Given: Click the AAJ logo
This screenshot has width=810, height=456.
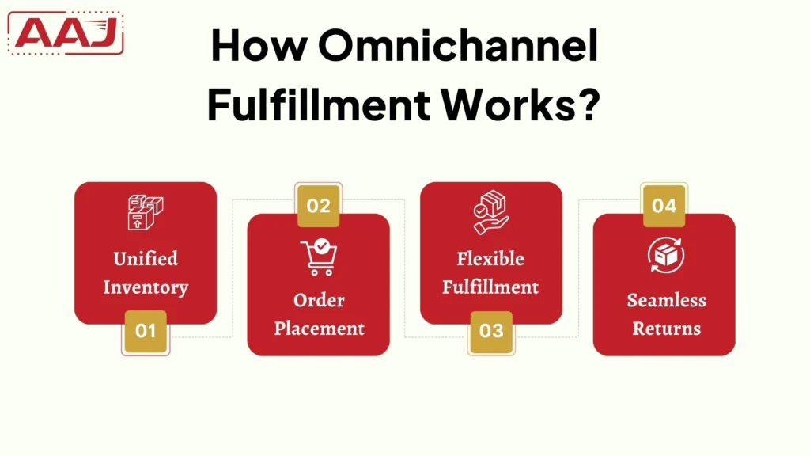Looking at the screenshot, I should pyautogui.click(x=66, y=33).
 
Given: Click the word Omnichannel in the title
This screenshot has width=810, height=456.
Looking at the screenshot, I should pyautogui.click(x=459, y=49).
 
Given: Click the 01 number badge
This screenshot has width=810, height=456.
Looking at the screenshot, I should pyautogui.click(x=146, y=331).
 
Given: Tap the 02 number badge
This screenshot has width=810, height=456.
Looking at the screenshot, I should pyautogui.click(x=318, y=206).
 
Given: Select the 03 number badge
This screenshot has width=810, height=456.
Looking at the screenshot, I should pyautogui.click(x=491, y=331).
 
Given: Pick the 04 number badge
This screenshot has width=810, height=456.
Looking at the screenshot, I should pyautogui.click(x=664, y=206).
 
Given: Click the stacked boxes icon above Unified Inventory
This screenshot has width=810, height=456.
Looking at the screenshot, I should pyautogui.click(x=145, y=213).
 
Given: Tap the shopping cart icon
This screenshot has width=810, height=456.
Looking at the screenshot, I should pyautogui.click(x=319, y=257).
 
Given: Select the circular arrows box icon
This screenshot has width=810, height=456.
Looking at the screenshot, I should pyautogui.click(x=665, y=256).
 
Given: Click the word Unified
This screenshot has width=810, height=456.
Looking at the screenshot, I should pyautogui.click(x=146, y=259).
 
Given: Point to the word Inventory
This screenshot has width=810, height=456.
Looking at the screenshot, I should pyautogui.click(x=146, y=287).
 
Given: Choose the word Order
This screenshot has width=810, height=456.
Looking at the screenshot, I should pyautogui.click(x=319, y=301).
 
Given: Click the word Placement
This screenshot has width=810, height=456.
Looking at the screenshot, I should pyautogui.click(x=319, y=328).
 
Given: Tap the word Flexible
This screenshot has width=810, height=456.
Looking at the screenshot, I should pyautogui.click(x=490, y=259).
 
